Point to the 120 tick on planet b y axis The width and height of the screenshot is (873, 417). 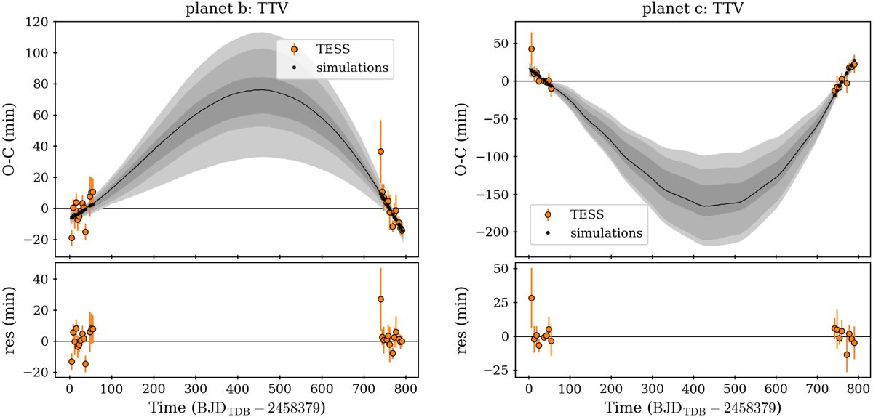[38, 23]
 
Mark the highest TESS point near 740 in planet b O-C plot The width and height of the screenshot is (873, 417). [380, 151]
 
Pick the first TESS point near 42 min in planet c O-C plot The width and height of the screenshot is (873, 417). [531, 49]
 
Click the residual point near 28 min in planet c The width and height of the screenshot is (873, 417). [531, 298]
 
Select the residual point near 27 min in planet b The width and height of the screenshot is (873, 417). [380, 299]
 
